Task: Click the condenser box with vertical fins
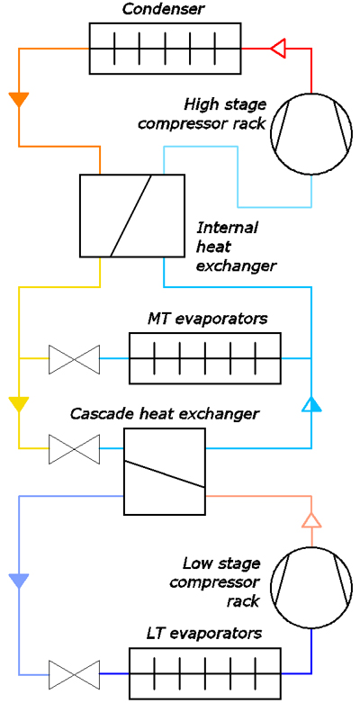coord(165,48)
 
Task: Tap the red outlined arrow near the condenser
coord(277,48)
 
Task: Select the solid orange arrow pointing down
coord(19,100)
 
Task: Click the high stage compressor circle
coord(311,134)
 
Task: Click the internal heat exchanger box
coord(132,216)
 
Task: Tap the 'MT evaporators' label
coord(208,320)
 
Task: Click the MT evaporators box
coord(205,358)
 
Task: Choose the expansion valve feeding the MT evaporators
coord(74,358)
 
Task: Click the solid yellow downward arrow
coord(19,404)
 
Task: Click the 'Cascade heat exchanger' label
coord(165,413)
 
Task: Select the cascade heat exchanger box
coord(165,471)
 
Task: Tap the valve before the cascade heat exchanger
coord(74,448)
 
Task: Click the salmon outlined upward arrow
coord(311,520)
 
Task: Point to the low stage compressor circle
coord(311,587)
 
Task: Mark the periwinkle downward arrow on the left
coord(19,581)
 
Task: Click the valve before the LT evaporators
coord(74,673)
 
